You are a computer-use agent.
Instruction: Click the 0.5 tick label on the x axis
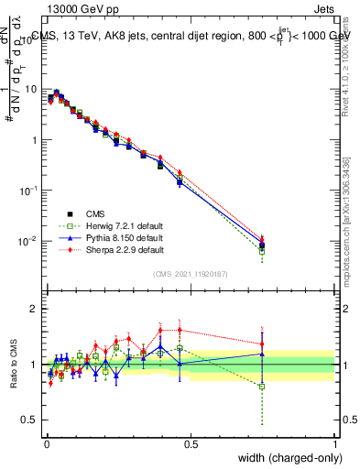point(191,442)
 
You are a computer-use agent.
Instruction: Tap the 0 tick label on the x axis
point(47,442)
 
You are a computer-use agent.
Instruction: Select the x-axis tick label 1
point(335,442)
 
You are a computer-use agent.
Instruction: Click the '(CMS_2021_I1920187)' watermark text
point(191,274)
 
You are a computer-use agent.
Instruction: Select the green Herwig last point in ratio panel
point(263,387)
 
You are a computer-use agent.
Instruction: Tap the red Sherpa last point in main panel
point(263,238)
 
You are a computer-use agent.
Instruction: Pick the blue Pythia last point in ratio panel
point(263,354)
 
